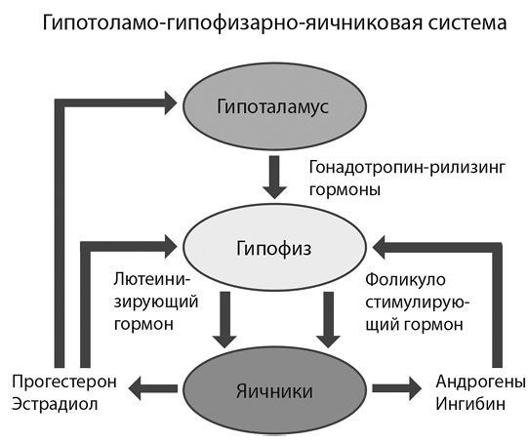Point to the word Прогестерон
[61, 379]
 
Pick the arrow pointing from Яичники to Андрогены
[383, 391]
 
